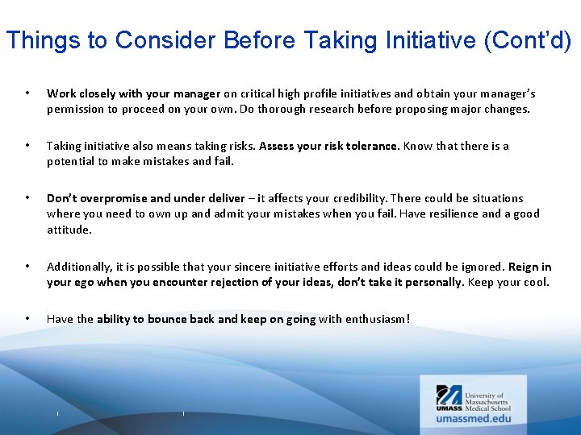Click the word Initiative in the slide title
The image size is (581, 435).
tap(430, 40)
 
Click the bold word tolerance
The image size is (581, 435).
tap(371, 146)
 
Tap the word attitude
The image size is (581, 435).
tap(69, 230)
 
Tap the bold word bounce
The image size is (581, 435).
tap(168, 319)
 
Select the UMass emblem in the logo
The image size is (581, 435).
tap(449, 396)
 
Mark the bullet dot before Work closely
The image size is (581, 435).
tap(28, 93)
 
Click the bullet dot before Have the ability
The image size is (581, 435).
tap(28, 319)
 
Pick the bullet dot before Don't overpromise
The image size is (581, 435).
tap(28, 198)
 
